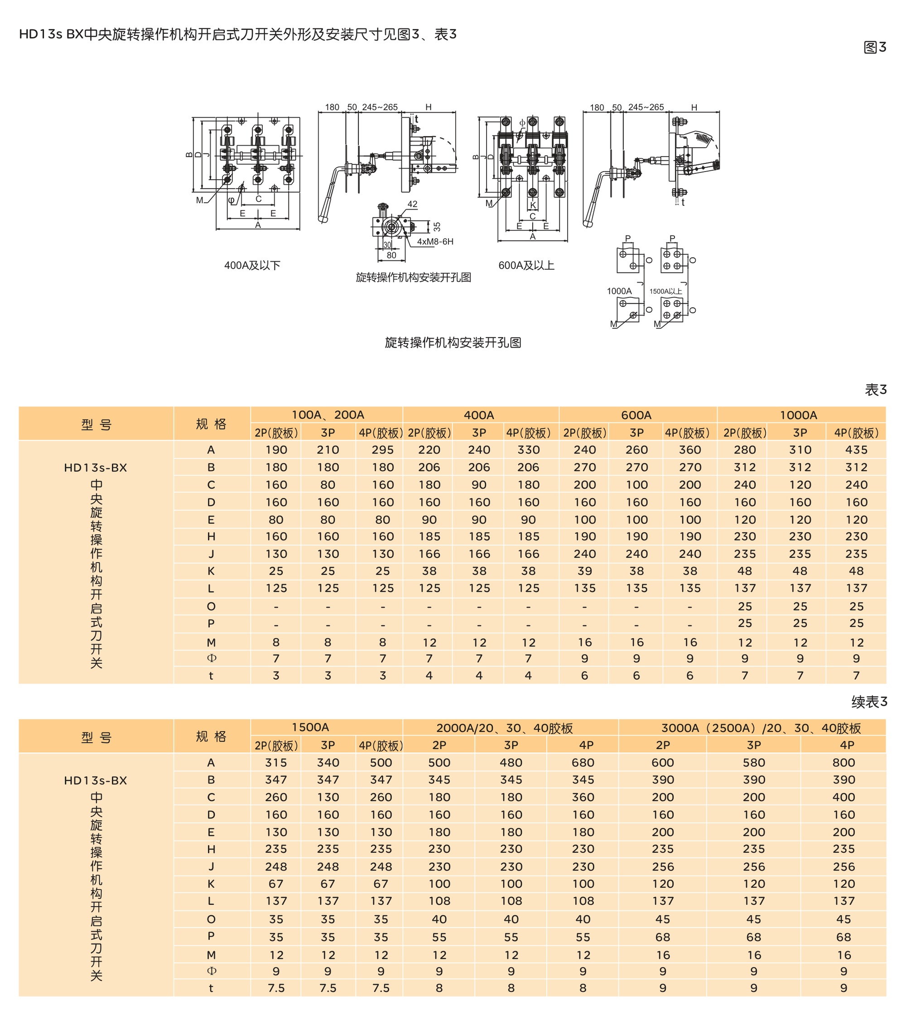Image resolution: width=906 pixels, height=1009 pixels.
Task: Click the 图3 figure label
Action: tap(875, 47)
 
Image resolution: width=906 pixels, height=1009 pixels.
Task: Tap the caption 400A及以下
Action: tap(252, 265)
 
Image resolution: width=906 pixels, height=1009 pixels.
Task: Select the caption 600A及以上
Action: tap(526, 265)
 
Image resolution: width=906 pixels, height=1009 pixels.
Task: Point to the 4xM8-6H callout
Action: tap(435, 242)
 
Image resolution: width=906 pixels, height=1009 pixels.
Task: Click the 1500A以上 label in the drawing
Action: tap(665, 291)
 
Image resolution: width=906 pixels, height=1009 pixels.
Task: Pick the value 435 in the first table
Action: tap(856, 450)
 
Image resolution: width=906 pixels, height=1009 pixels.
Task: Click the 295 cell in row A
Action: tap(382, 450)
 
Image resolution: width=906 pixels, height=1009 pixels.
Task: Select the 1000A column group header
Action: tap(799, 415)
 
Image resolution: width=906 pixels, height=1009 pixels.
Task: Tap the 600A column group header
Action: tap(636, 415)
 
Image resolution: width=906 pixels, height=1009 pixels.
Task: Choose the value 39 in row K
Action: tap(584, 571)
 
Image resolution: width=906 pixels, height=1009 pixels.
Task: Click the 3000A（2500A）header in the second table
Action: tap(761, 728)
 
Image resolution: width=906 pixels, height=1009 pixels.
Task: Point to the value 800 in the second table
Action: tap(843, 763)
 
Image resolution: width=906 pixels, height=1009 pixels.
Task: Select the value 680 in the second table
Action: tap(583, 763)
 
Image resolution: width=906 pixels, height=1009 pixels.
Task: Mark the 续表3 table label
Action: tap(869, 702)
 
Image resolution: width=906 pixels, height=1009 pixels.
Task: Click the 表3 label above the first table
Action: tap(876, 390)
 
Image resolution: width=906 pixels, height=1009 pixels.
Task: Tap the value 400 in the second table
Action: tap(843, 797)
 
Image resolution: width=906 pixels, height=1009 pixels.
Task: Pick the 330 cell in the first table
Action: tap(528, 450)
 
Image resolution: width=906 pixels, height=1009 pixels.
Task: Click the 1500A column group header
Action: tap(310, 727)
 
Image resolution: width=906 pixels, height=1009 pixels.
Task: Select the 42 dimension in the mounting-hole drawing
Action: tap(412, 204)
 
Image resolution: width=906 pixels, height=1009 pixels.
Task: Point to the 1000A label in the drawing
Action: tap(619, 291)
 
